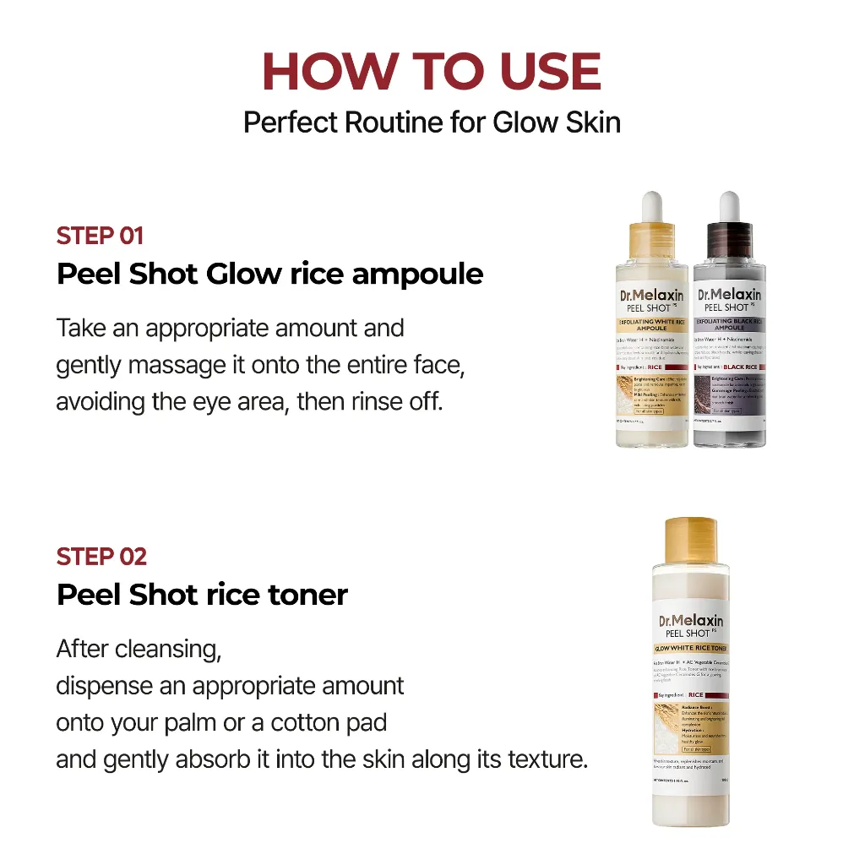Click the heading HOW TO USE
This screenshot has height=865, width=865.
tap(432, 72)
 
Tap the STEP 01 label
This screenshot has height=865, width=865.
tap(100, 236)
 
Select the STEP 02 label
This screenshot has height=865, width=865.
tap(101, 557)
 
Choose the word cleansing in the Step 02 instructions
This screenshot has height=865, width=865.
tap(167, 650)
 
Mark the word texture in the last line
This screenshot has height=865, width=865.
tap(536, 759)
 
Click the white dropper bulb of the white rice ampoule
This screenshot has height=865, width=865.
tap(651, 205)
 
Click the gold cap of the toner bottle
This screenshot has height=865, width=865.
tap(690, 541)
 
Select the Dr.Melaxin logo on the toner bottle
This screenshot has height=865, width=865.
tap(691, 621)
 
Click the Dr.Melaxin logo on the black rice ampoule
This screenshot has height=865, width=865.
tap(729, 295)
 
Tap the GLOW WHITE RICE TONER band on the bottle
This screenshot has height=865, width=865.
tap(691, 648)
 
